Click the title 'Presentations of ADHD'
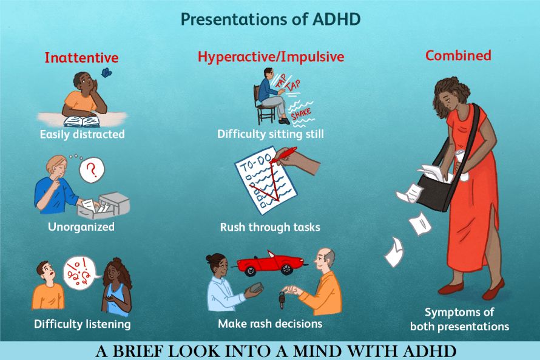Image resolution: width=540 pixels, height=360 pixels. [x=271, y=19]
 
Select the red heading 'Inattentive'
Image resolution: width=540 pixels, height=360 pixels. [x=81, y=58]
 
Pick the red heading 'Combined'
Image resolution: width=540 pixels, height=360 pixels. [x=458, y=55]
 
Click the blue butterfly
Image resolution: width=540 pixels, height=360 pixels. [x=106, y=72]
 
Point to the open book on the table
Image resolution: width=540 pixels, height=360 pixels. [x=82, y=121]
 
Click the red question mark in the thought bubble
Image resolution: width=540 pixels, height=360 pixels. [x=92, y=169]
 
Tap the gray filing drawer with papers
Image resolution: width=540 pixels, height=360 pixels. [x=103, y=205]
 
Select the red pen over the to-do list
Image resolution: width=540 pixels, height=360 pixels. [x=283, y=155]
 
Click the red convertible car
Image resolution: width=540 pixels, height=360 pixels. [x=272, y=263]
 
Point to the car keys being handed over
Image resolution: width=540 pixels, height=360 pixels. [x=282, y=300]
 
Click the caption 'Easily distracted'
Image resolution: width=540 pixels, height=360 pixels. [x=83, y=134]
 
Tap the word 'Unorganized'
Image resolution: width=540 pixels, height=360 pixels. [x=81, y=226]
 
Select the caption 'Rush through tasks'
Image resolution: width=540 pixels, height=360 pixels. [x=270, y=227]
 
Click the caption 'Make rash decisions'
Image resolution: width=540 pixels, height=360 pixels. [x=271, y=324]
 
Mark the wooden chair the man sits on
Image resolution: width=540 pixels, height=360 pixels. [x=263, y=106]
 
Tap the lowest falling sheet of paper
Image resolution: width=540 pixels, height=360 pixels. [x=394, y=252]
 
